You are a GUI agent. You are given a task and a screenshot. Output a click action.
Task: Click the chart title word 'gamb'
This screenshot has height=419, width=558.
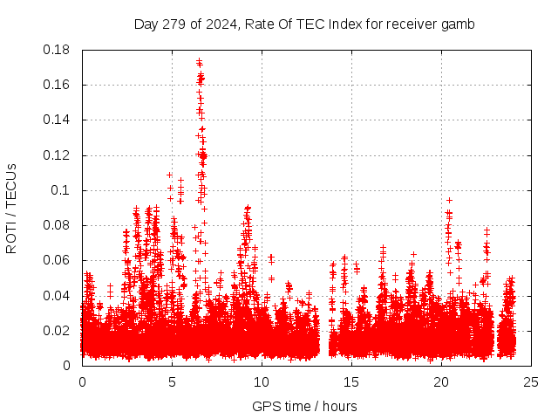point(459,24)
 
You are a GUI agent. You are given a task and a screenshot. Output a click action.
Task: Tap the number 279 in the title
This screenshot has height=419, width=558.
point(177,24)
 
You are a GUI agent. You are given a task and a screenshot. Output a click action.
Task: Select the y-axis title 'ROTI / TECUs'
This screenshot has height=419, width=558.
point(11,208)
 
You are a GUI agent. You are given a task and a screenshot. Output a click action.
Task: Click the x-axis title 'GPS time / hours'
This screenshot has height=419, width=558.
point(304,406)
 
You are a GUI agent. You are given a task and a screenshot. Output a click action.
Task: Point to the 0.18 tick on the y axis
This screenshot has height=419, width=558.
point(57,50)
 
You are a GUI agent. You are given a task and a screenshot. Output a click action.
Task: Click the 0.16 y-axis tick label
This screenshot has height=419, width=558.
point(57,85)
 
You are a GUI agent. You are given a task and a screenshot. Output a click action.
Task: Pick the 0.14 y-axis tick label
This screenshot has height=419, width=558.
point(57,120)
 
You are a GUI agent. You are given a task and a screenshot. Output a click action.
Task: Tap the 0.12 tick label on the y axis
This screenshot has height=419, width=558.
point(57,155)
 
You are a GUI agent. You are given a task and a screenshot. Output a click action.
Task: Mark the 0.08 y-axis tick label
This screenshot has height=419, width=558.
point(57,225)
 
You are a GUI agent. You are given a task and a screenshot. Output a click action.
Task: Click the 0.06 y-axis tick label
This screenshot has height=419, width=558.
point(57,260)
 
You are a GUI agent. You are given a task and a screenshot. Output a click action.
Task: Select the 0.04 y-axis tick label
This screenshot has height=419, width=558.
point(57,295)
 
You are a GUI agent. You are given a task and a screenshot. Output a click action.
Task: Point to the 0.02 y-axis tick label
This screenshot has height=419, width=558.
point(57,330)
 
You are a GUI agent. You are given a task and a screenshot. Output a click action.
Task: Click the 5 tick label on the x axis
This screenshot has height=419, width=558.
point(172,381)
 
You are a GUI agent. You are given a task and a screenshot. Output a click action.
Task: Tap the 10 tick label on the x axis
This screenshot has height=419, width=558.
point(262,381)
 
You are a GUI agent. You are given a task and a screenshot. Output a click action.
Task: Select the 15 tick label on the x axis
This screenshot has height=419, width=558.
point(351,381)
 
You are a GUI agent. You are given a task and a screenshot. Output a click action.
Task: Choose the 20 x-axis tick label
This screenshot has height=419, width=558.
point(441,381)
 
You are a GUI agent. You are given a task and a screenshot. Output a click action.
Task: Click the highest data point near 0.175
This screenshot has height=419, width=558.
point(199,61)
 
